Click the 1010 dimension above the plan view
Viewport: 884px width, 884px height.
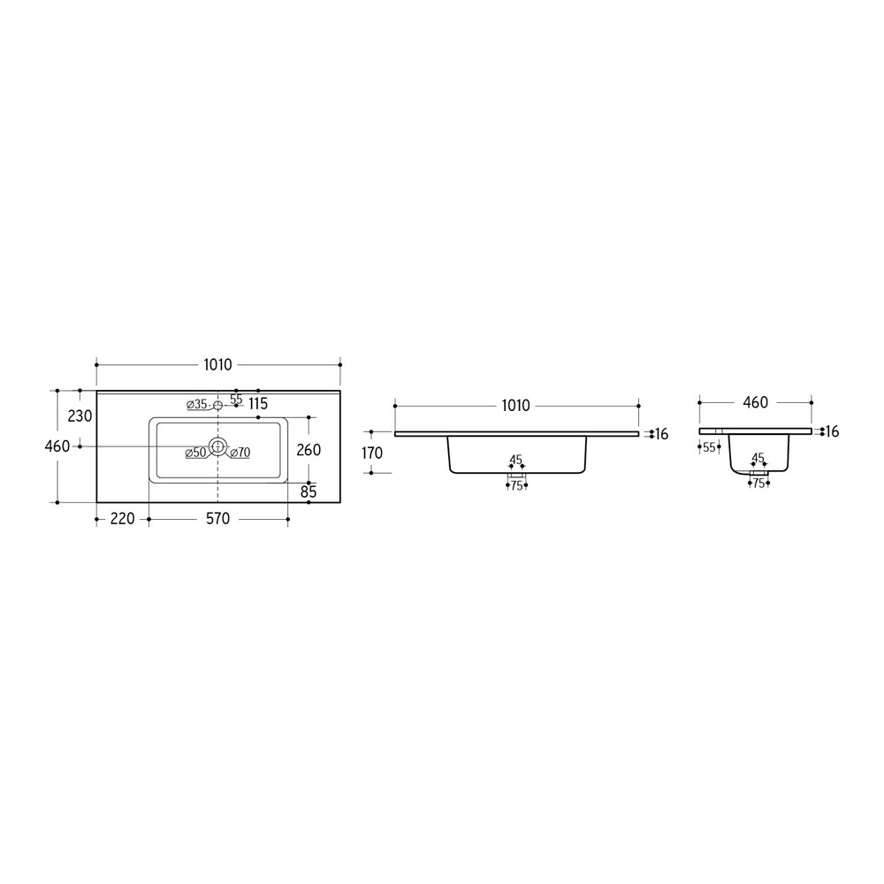217,365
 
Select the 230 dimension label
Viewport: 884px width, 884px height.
80,416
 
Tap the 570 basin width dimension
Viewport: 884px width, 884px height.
217,518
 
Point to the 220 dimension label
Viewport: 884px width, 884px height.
122,518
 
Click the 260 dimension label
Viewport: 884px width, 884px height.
309,449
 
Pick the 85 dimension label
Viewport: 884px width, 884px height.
309,492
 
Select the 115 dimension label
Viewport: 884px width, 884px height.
257,404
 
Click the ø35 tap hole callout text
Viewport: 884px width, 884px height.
197,404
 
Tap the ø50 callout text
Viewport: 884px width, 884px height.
195,452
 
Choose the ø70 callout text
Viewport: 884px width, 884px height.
240,452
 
